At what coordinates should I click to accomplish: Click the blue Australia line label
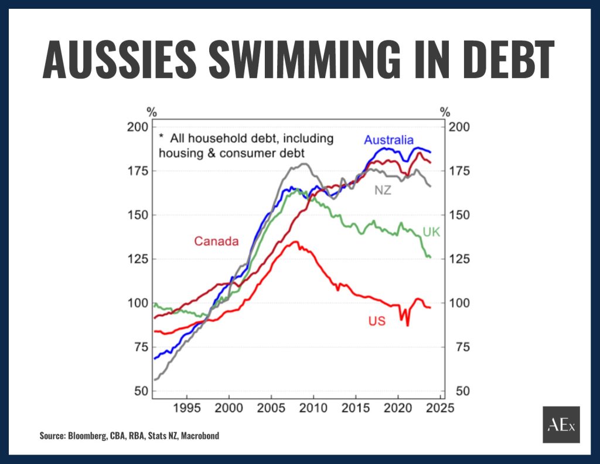click(x=388, y=140)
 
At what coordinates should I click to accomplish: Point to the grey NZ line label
click(x=383, y=191)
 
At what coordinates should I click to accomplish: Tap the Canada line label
click(x=216, y=241)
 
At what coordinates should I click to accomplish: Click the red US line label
click(x=377, y=321)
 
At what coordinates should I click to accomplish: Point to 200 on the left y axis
click(x=137, y=127)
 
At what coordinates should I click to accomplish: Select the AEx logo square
click(x=561, y=424)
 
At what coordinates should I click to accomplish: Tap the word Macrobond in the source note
click(x=200, y=436)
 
